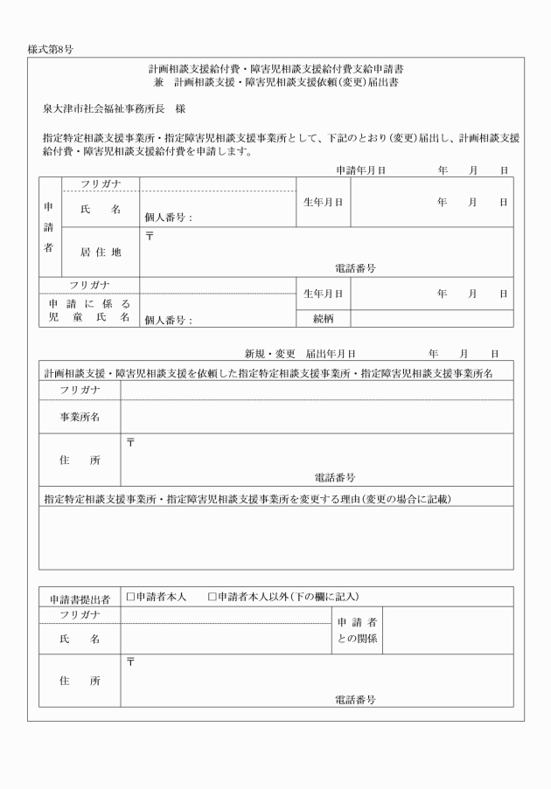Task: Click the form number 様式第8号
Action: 50,48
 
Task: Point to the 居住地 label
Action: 100,252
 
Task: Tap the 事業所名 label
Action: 80,417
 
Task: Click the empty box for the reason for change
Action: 276,537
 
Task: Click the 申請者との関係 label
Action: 356,630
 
